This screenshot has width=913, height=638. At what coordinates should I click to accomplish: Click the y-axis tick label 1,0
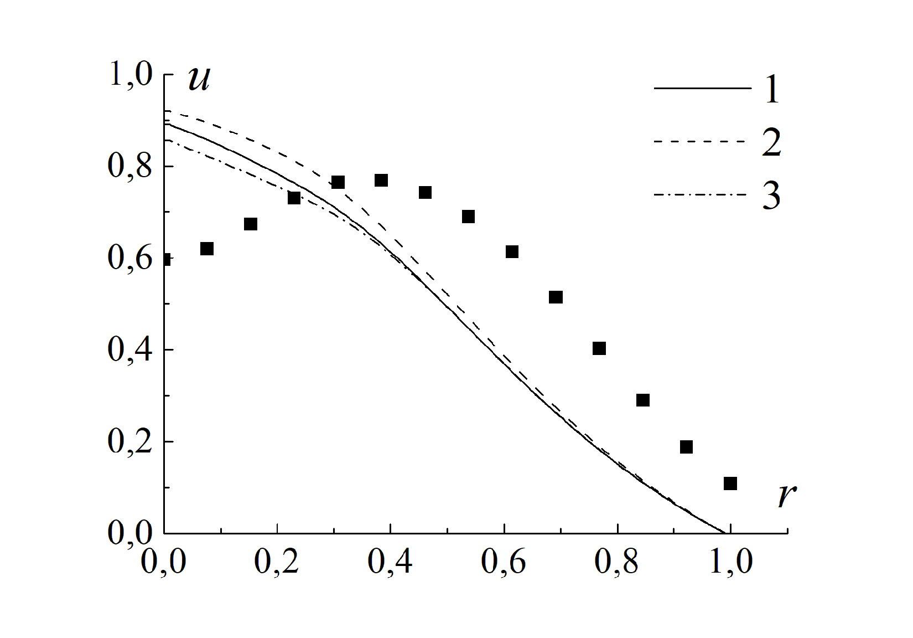click(131, 74)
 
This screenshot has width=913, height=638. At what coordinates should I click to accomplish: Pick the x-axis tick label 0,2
click(277, 561)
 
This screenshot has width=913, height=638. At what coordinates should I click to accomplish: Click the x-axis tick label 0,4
click(390, 561)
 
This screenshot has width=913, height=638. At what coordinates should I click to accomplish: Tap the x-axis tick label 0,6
click(504, 561)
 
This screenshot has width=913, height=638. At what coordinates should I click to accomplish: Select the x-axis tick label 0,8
click(617, 561)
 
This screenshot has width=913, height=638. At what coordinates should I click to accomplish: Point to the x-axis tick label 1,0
click(730, 561)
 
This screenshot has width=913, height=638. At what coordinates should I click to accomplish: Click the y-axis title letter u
click(199, 79)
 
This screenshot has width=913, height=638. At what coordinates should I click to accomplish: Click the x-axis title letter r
click(787, 495)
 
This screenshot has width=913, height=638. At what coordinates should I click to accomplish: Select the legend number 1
click(772, 89)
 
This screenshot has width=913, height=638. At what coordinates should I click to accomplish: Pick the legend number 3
click(771, 195)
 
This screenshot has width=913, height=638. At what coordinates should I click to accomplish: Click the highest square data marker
click(381, 181)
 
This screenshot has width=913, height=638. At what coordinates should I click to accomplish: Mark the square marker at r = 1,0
click(730, 483)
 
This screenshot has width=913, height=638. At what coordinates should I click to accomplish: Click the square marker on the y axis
click(166, 259)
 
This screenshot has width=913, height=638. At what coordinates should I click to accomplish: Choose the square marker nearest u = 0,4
click(599, 348)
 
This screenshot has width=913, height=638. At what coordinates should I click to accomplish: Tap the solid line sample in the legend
click(701, 89)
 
